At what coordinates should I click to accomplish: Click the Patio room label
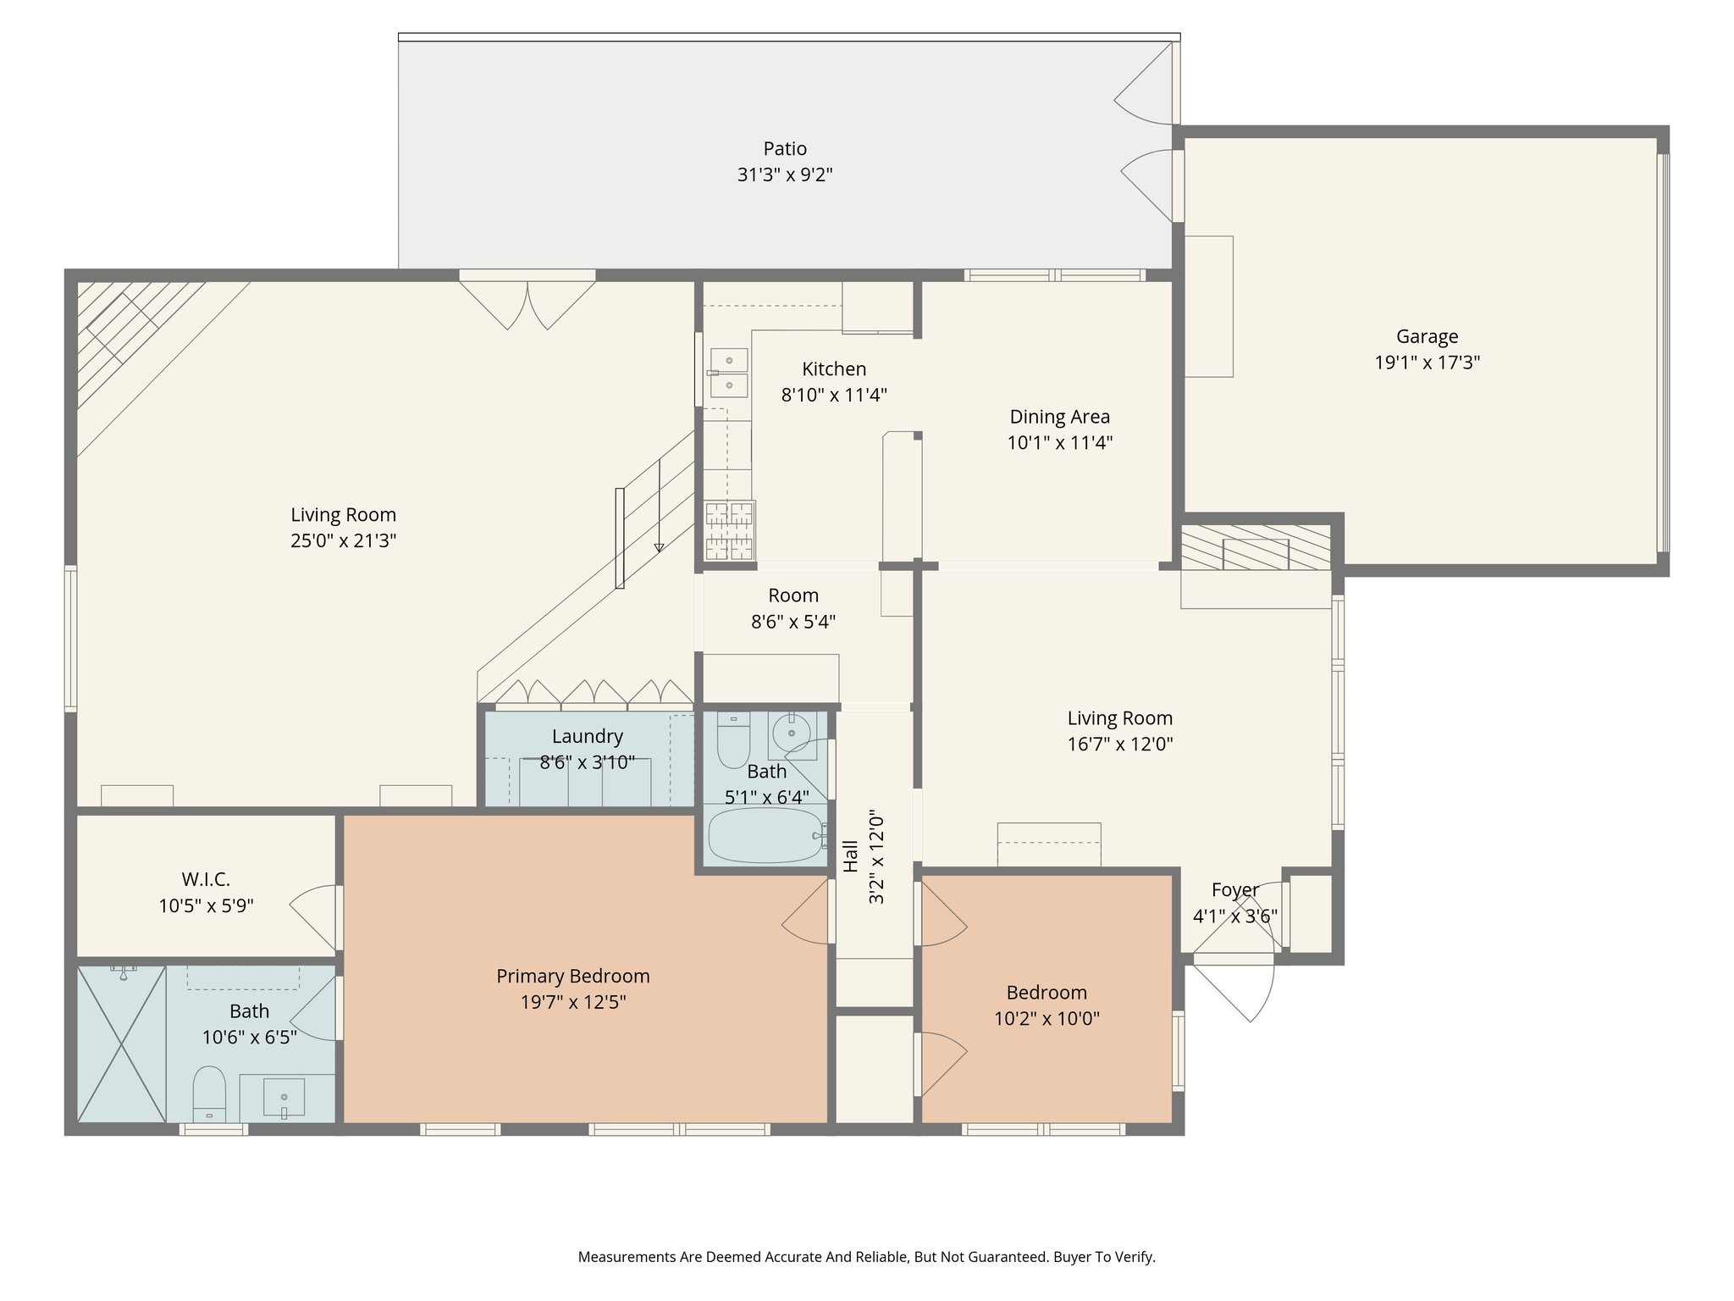click(784, 149)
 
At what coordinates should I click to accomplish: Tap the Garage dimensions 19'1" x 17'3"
click(1427, 363)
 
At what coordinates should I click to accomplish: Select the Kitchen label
click(834, 369)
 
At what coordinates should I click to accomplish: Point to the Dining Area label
click(1059, 417)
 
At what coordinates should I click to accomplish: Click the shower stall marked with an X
click(121, 1044)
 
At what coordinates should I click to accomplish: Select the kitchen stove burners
click(729, 530)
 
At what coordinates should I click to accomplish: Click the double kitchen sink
click(728, 373)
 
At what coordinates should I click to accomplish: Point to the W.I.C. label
click(206, 879)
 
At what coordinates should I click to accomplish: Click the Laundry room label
click(587, 736)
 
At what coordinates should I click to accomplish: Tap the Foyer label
click(1234, 890)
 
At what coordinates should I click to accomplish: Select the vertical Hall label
click(851, 855)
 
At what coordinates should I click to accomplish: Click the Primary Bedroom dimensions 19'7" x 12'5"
click(573, 1002)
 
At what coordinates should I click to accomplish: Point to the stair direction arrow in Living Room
click(659, 547)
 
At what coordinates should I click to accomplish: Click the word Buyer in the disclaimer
click(1071, 1257)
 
